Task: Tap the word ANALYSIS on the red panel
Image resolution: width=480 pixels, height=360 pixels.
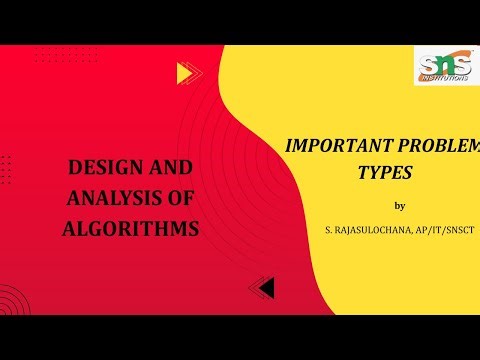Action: (x=105, y=197)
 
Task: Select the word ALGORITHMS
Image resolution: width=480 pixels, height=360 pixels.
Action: (x=131, y=228)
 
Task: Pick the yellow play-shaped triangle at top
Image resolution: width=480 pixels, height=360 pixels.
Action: (x=184, y=72)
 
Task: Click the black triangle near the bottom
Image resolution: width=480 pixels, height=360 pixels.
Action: (x=264, y=288)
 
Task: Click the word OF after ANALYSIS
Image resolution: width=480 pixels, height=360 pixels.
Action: (x=183, y=197)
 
